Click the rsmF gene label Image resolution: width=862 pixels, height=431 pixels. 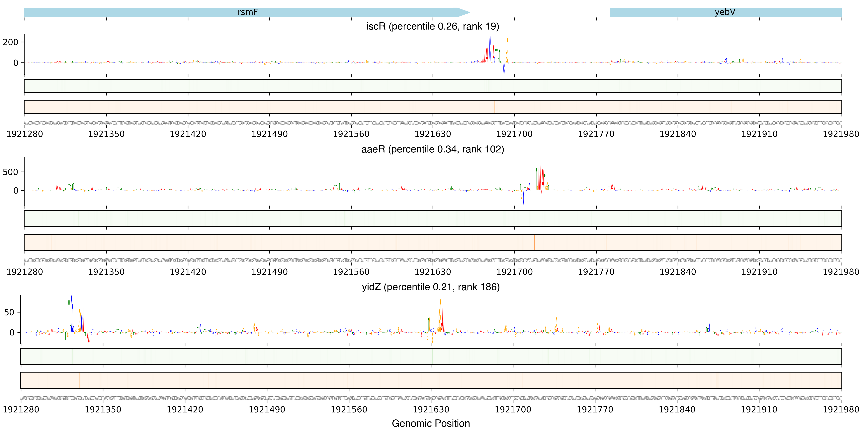click(x=248, y=12)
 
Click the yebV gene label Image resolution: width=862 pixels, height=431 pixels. click(x=725, y=12)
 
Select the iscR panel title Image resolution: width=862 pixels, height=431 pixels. click(x=432, y=26)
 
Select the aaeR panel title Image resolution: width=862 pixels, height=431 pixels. click(x=432, y=149)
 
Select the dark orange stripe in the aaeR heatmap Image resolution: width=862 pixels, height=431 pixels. click(x=534, y=243)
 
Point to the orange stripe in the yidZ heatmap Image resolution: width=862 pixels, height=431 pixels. click(x=79, y=380)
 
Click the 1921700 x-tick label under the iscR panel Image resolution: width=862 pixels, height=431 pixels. click(x=514, y=134)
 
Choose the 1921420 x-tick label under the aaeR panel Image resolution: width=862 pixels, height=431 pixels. click(x=188, y=272)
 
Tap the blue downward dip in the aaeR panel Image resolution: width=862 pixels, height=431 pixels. click(x=524, y=199)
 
